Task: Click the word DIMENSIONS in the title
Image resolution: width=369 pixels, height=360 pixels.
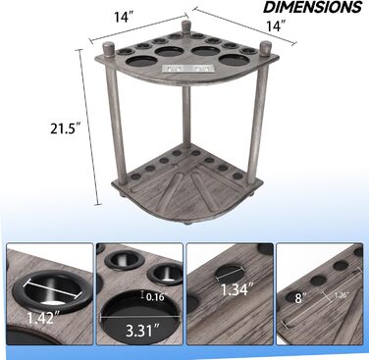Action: click(313, 7)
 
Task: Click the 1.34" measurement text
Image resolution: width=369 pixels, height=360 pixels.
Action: click(238, 289)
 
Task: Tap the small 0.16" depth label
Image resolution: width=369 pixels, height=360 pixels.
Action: click(155, 297)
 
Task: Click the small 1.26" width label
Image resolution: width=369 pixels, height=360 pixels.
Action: click(342, 294)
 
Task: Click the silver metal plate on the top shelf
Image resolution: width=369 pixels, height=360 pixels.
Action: click(188, 69)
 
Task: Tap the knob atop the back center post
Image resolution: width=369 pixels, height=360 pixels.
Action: click(186, 26)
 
